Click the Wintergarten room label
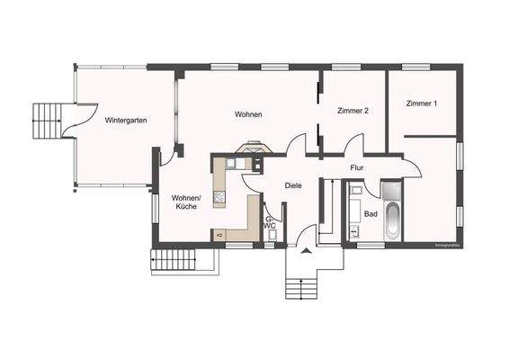click(x=126, y=120)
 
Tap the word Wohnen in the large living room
click(x=248, y=114)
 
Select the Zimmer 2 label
click(x=353, y=111)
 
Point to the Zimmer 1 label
click(x=421, y=103)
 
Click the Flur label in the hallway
click(x=356, y=166)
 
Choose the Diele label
click(x=293, y=185)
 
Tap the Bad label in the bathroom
click(x=371, y=214)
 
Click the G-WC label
click(x=269, y=221)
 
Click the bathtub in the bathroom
click(x=392, y=220)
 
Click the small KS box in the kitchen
click(x=219, y=235)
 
